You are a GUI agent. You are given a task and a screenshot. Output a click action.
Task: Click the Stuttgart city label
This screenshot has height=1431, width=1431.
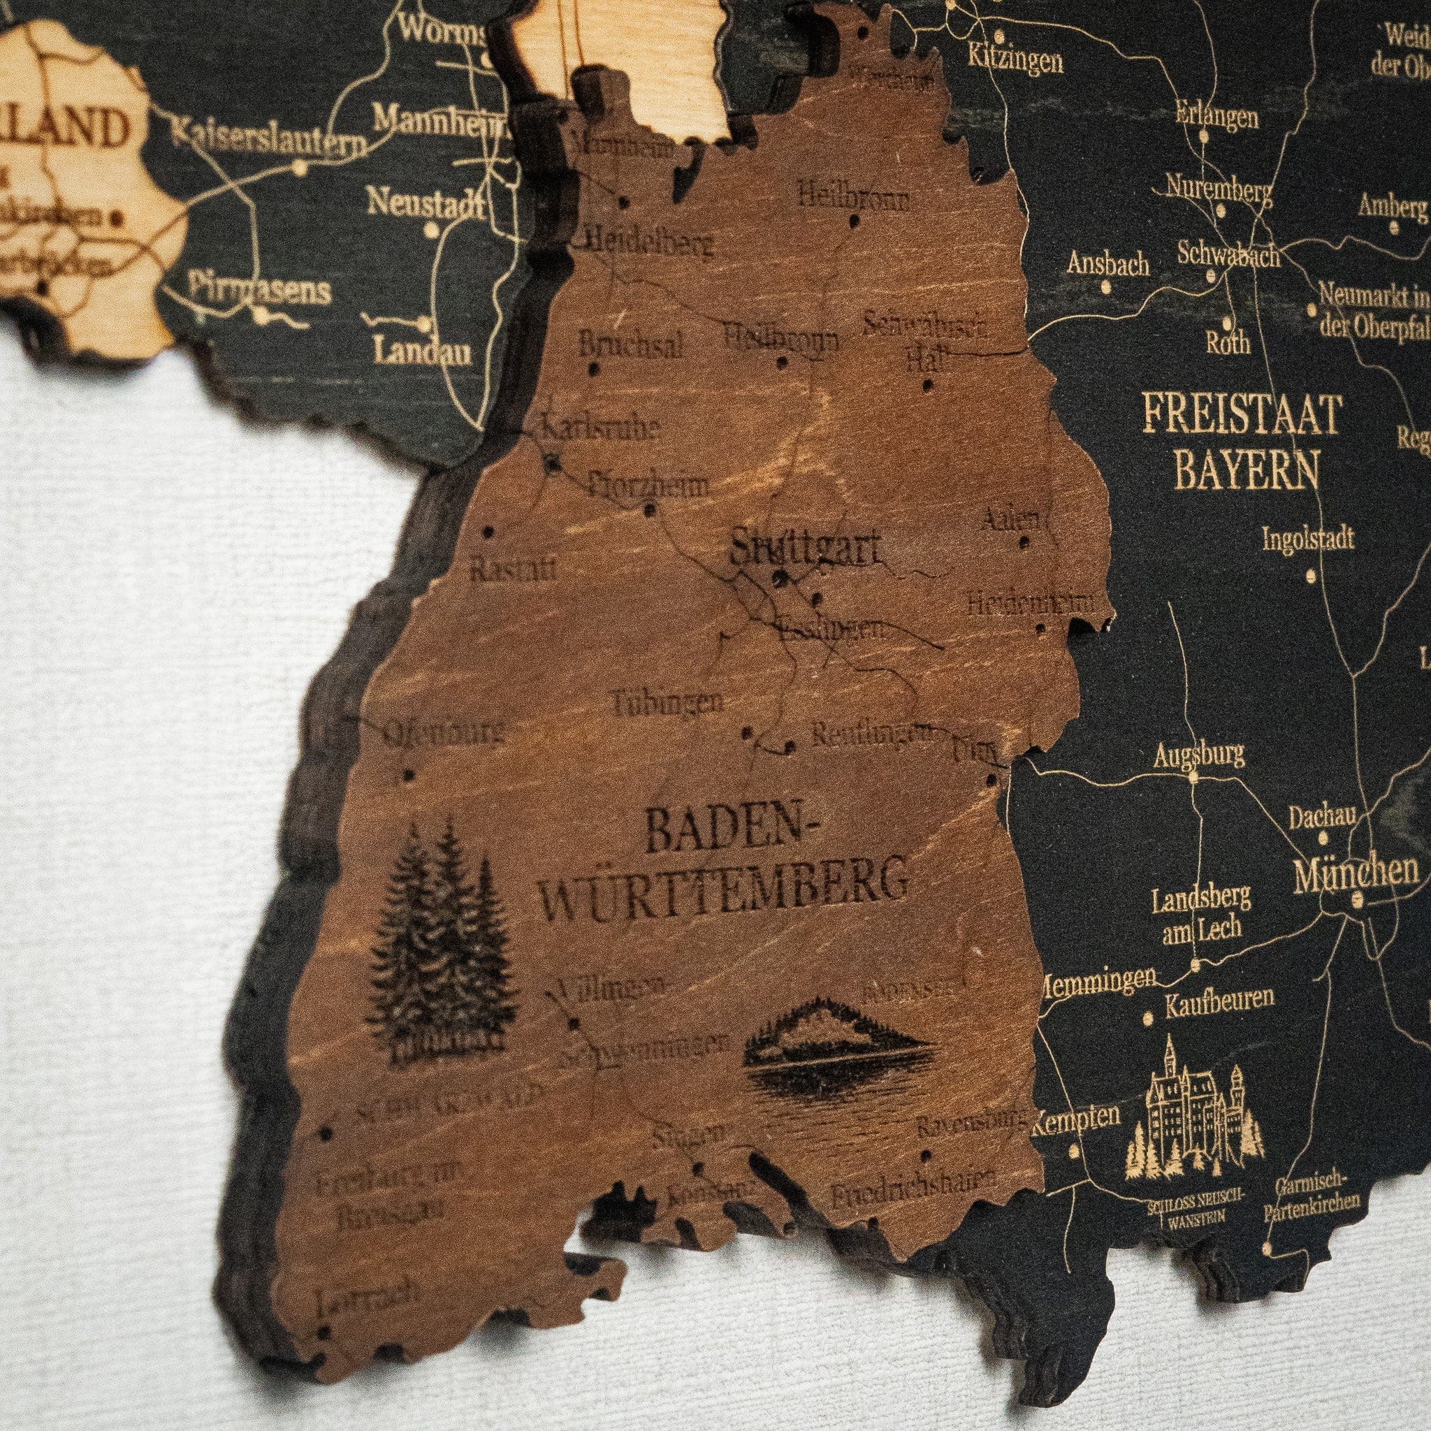805,551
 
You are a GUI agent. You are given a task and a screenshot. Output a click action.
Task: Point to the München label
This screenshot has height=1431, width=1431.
1356,873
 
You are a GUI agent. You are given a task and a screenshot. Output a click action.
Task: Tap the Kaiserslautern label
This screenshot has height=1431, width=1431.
268,141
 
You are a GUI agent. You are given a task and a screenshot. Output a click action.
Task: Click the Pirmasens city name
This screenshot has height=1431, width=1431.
259,288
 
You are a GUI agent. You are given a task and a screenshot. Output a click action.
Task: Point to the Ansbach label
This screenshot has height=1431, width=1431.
1108,263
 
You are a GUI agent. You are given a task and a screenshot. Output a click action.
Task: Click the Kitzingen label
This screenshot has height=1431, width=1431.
1015,61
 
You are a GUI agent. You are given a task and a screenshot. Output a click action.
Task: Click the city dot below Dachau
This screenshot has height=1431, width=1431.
1323,840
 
